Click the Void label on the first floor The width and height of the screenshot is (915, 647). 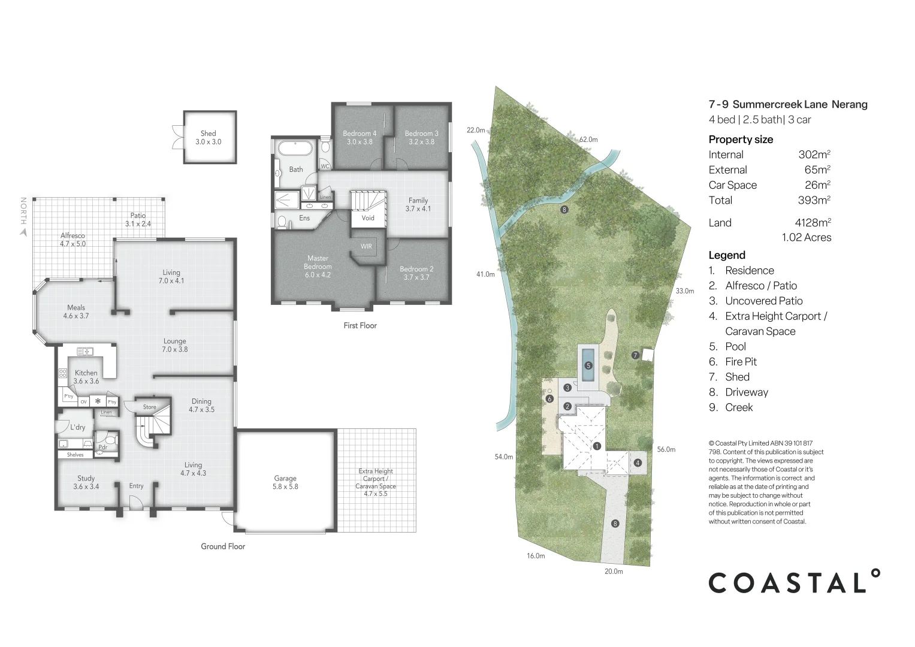click(x=368, y=218)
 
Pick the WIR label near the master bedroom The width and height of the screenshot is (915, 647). click(x=366, y=246)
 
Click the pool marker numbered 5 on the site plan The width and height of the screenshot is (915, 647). click(x=588, y=365)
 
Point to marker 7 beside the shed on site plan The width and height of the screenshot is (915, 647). click(x=635, y=355)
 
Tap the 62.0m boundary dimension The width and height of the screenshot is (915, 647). click(x=588, y=140)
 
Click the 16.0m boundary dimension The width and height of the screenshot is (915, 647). click(x=536, y=556)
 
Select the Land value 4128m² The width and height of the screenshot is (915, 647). click(x=813, y=223)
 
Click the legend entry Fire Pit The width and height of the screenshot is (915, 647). click(x=741, y=362)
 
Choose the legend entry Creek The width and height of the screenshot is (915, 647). click(x=738, y=407)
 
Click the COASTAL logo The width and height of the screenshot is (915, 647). click(x=794, y=582)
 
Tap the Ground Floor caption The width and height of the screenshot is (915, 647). click(x=223, y=546)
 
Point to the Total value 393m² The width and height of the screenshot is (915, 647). click(x=814, y=200)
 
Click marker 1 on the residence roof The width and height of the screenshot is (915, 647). click(x=597, y=446)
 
